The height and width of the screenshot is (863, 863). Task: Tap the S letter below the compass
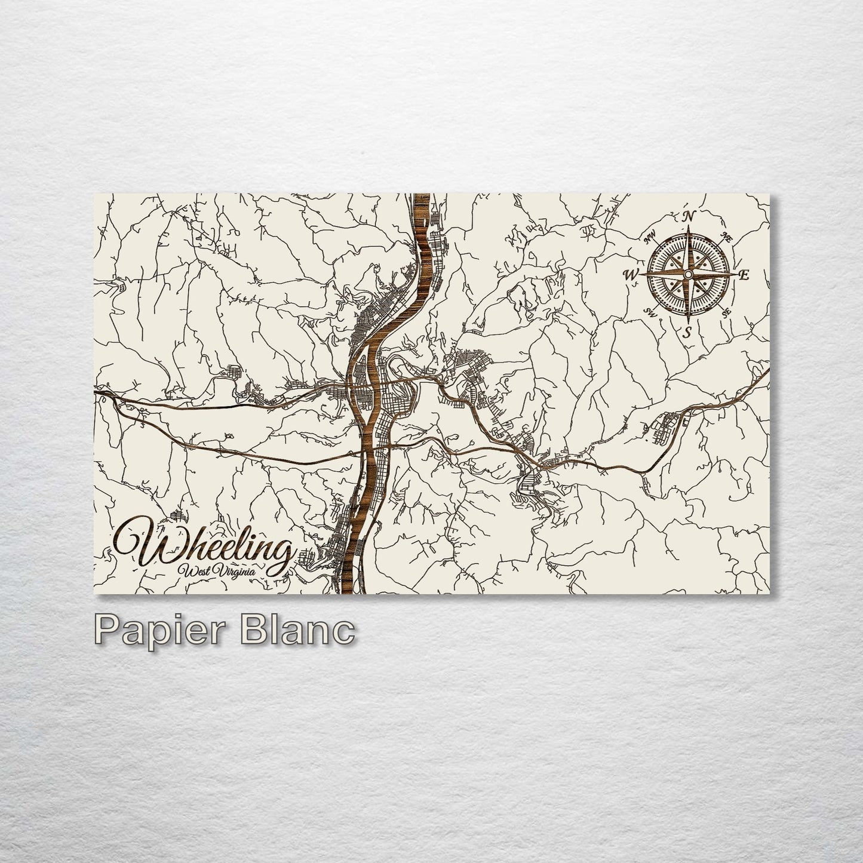688,331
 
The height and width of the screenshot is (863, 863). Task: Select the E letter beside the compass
744,275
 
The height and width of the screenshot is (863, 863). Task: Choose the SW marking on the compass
651,311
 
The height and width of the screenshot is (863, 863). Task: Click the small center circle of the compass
688,274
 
